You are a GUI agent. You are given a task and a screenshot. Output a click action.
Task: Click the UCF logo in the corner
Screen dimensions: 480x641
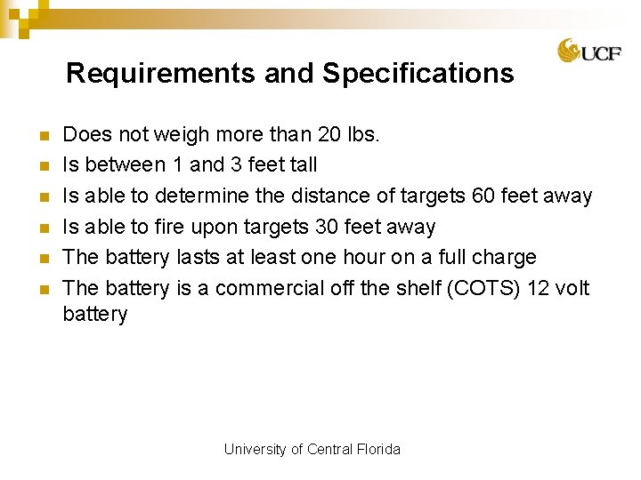point(588,52)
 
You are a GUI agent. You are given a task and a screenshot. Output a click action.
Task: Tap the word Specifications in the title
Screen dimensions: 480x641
point(418,73)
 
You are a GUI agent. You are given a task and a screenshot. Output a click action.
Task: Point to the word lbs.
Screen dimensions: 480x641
point(365,134)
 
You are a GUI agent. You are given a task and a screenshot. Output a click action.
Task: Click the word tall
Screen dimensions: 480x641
point(300,165)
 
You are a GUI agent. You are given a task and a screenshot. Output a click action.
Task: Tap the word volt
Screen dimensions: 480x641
point(571,289)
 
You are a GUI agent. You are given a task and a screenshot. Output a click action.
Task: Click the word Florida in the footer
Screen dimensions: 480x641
point(379,449)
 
